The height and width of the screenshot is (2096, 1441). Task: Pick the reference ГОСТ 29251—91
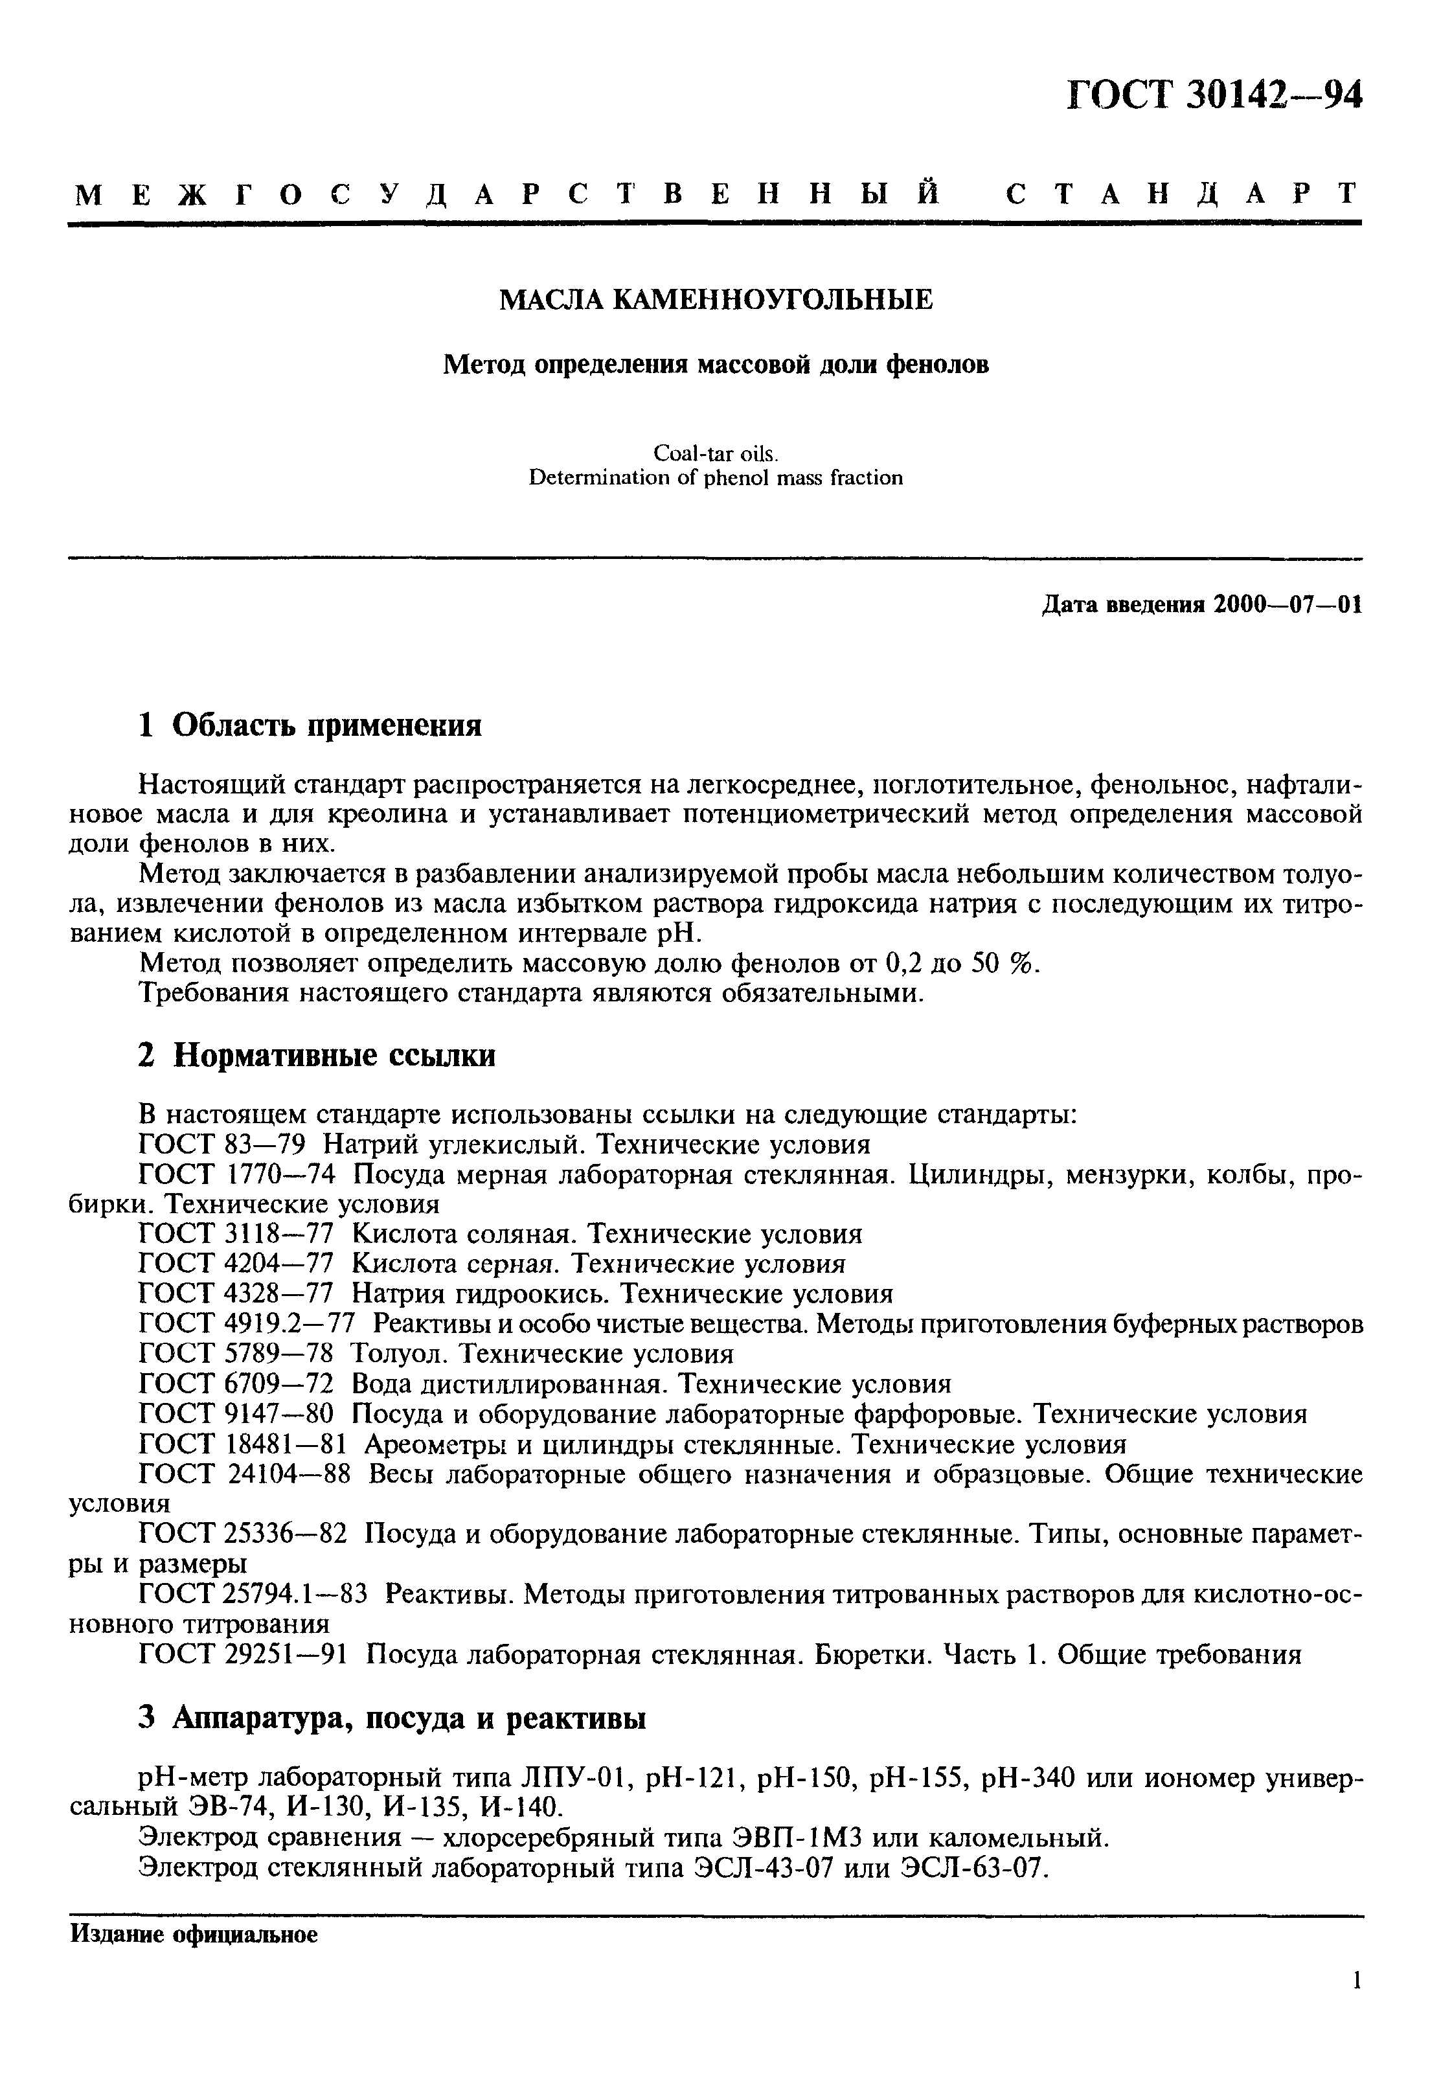tap(243, 1654)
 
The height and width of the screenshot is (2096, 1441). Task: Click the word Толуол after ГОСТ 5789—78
tap(391, 1354)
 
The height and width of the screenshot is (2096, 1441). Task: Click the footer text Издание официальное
tap(194, 1935)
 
